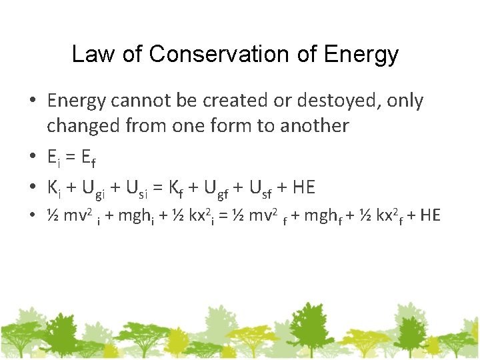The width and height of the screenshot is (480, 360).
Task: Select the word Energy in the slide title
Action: pos(361,54)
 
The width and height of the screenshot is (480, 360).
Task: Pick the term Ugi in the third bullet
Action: pos(93,189)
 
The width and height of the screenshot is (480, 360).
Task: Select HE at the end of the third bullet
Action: pos(303,188)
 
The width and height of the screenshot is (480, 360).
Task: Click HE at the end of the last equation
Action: pos(430,215)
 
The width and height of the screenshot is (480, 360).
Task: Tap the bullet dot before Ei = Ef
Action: pos(33,157)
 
